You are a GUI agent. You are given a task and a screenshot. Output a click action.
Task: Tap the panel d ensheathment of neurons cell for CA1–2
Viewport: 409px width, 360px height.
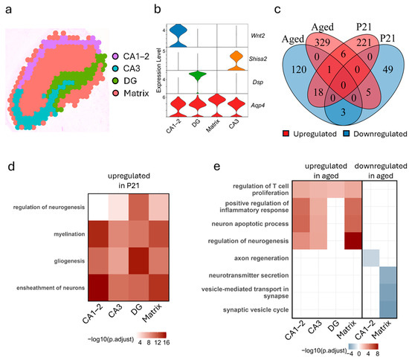(92, 298)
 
